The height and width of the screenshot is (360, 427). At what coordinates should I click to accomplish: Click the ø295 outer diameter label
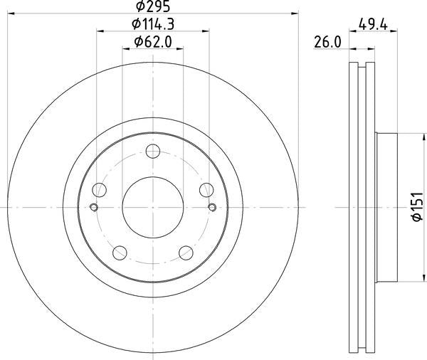tap(153, 6)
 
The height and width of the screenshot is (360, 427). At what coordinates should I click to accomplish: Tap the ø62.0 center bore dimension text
tap(152, 41)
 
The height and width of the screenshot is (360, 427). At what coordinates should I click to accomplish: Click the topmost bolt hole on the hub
tap(152, 151)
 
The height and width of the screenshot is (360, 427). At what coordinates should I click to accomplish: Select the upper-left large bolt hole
tap(100, 189)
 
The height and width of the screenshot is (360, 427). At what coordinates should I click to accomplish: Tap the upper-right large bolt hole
tap(206, 189)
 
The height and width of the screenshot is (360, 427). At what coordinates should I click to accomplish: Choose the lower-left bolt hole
tap(120, 252)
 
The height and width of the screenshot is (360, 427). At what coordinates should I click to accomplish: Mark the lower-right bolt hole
tap(186, 252)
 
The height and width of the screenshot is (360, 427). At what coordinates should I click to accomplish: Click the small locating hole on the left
tap(94, 207)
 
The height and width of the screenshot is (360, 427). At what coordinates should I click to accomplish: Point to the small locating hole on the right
tap(211, 207)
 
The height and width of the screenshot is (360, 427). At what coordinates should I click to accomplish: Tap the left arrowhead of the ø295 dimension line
tap(13, 14)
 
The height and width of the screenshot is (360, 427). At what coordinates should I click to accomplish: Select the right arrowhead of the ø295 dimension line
tap(292, 14)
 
